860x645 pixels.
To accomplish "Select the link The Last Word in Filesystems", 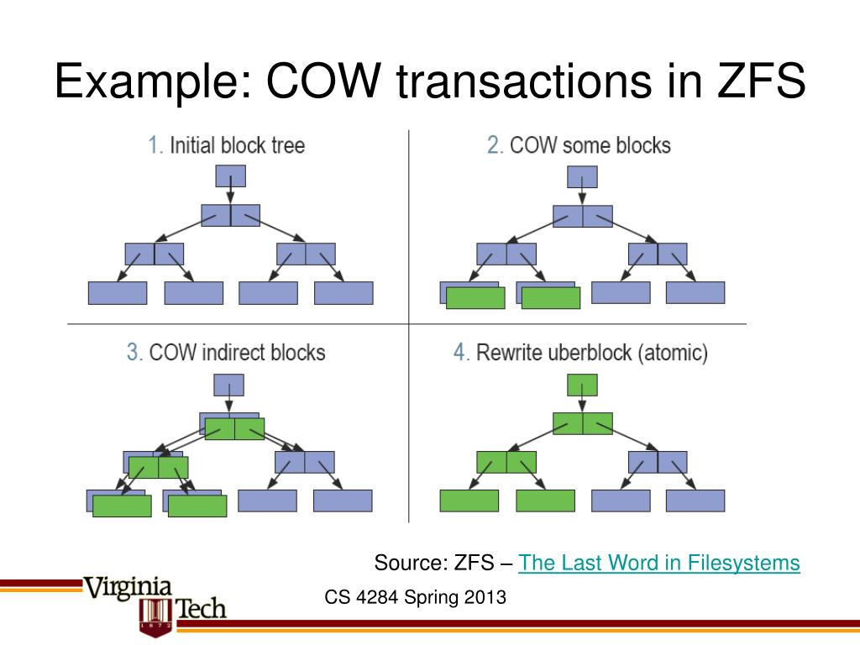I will pos(659,563).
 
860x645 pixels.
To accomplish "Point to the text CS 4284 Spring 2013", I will pos(416,598).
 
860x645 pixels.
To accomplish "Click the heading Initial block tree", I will pos(237,145).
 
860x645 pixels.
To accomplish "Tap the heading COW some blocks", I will pos(590,145).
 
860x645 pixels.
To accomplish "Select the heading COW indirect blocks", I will pos(237,351).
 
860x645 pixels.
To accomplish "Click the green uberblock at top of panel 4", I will pos(582,385).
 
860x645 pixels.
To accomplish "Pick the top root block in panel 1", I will pos(231,176).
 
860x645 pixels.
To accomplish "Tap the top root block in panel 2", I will pos(582,177).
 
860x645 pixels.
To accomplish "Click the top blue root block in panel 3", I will pos(229,385).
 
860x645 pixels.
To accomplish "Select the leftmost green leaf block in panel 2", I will pos(475,297).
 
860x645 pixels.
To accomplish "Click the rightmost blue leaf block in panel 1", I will pos(343,292).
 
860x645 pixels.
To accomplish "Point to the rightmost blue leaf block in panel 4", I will pos(695,501).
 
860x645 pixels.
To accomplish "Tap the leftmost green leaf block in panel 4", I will pos(469,501).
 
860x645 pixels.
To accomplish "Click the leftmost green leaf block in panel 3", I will pos(122,506).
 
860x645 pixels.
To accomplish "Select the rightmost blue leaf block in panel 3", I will pos(343,501).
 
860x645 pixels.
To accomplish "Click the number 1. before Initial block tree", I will pos(155,145).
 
